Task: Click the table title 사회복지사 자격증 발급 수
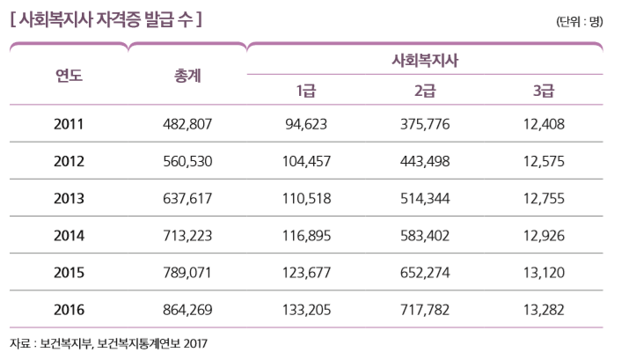(x=105, y=18)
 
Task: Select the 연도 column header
(x=69, y=76)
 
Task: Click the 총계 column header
(x=187, y=76)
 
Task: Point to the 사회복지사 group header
(x=426, y=61)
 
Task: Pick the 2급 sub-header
(x=425, y=91)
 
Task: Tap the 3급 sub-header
(x=544, y=91)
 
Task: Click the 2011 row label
(x=69, y=124)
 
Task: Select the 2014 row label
(x=69, y=235)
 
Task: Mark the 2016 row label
(x=69, y=309)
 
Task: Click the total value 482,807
(x=187, y=124)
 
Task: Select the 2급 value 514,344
(x=425, y=198)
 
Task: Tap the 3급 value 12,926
(x=544, y=235)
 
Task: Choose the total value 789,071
(x=187, y=272)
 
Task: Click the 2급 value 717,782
(x=425, y=309)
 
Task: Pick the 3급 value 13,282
(x=544, y=309)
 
